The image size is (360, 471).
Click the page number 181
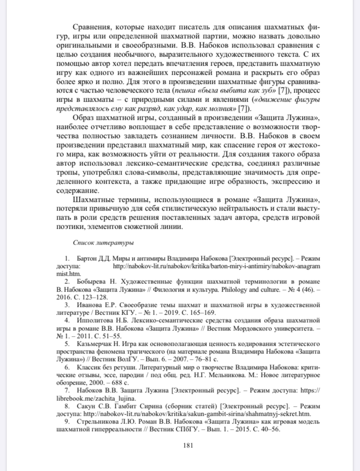click(x=188, y=446)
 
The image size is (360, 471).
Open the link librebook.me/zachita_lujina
click(x=106, y=399)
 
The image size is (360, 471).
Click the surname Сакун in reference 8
click(x=87, y=406)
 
